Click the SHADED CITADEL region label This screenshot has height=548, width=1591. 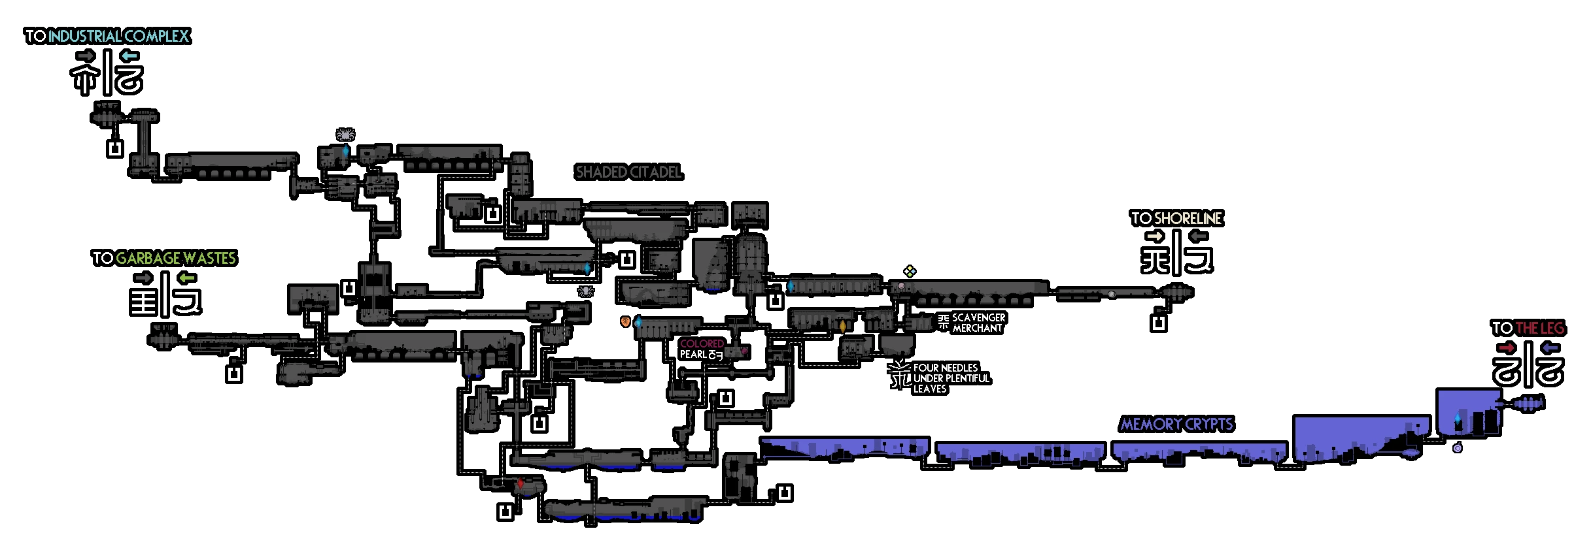(628, 172)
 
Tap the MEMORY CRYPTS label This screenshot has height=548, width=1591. (1176, 425)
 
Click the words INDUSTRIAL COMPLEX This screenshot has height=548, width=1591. (118, 36)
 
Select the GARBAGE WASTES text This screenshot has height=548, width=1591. (175, 259)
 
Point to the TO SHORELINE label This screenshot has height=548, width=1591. (1176, 219)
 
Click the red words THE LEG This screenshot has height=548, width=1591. (1539, 329)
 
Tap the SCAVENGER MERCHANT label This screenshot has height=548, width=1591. (978, 323)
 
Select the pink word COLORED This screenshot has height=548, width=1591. (702, 344)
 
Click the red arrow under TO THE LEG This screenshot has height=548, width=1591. (1507, 348)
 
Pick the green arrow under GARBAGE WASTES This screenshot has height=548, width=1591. (187, 278)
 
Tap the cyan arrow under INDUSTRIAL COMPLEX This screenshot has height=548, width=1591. (129, 56)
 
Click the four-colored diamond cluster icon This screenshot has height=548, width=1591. (910, 271)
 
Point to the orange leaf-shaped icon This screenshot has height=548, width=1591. (626, 321)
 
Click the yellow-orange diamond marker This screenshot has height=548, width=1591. (842, 325)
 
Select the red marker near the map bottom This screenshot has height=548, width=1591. (521, 484)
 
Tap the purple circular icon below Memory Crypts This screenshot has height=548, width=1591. (1457, 448)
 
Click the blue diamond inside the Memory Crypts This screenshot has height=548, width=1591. (1457, 419)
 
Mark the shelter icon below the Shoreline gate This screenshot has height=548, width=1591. (1158, 323)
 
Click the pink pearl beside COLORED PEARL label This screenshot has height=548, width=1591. (744, 351)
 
